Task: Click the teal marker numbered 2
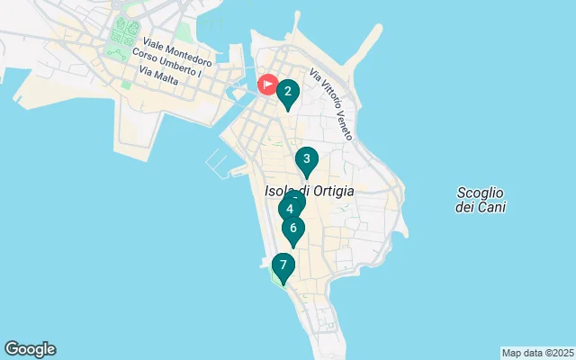click(287, 92)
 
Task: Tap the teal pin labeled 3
click(307, 161)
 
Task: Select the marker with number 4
click(289, 209)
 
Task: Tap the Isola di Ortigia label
click(310, 191)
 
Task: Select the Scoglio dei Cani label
click(481, 199)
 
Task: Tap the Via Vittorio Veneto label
click(329, 103)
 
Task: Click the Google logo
click(30, 349)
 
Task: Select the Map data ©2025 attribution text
click(537, 353)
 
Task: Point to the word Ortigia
click(331, 191)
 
